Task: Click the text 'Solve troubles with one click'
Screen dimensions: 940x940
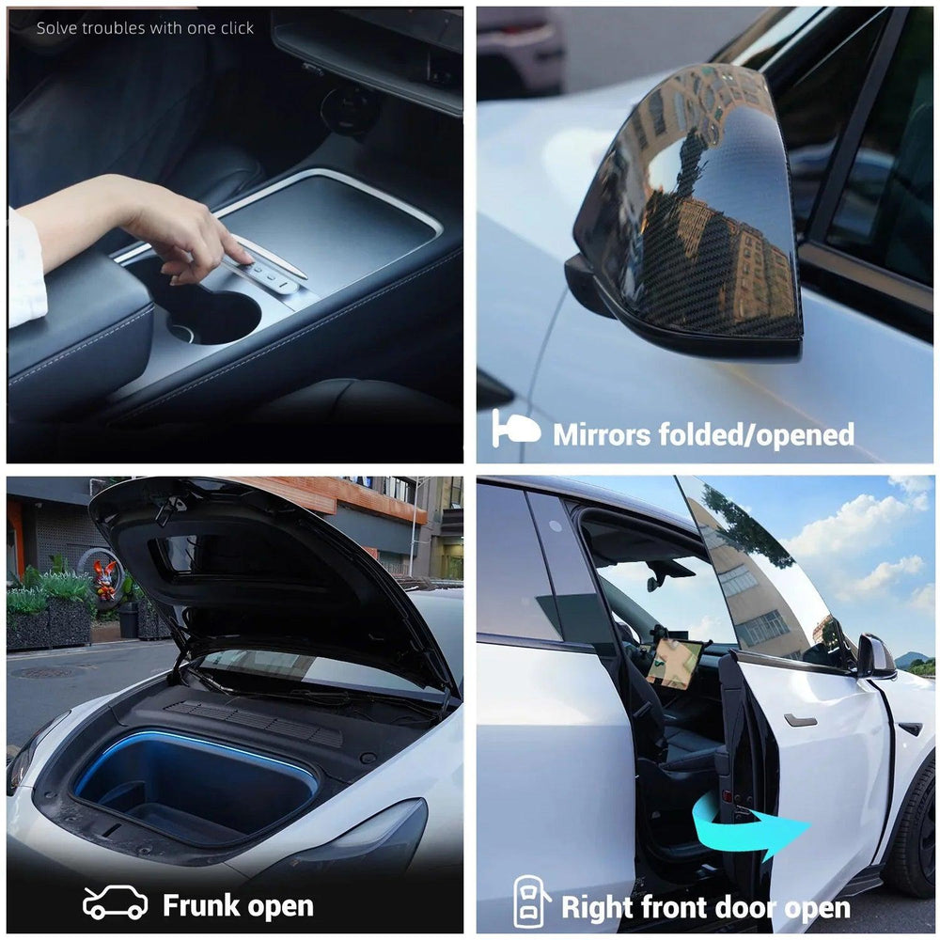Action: coord(145,28)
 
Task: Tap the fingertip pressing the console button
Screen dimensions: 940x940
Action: coord(243,259)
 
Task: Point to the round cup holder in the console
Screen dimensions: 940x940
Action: coord(211,316)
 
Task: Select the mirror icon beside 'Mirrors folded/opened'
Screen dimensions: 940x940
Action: coord(515,428)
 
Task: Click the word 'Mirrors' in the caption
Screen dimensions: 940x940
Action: coord(602,434)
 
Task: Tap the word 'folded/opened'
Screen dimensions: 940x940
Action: coord(757,434)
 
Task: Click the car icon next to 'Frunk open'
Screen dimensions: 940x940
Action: coord(115,902)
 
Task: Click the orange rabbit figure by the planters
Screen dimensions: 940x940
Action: coord(104,580)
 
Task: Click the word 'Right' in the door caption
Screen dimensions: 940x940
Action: coord(597,908)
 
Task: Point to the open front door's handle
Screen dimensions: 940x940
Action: coord(800,720)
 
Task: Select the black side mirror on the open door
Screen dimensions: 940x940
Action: coord(876,656)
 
